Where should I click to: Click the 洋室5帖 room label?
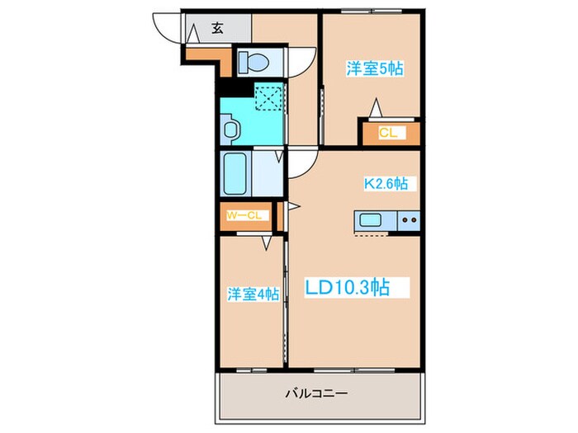click(x=375, y=68)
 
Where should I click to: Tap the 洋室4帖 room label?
click(x=253, y=294)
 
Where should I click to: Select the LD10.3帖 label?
click(x=347, y=287)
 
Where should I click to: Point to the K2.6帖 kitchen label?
click(x=386, y=183)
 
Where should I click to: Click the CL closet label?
click(x=388, y=133)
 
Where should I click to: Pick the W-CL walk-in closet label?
click(x=244, y=215)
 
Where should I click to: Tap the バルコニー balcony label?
click(x=316, y=393)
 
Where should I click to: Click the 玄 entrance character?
click(x=217, y=28)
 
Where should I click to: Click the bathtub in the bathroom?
click(x=235, y=174)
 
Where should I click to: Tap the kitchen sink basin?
click(x=370, y=220)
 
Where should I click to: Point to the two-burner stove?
click(x=409, y=220)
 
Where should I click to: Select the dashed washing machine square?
click(x=268, y=96)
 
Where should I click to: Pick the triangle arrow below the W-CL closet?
click(x=267, y=242)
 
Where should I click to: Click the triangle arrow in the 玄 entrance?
click(x=193, y=34)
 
